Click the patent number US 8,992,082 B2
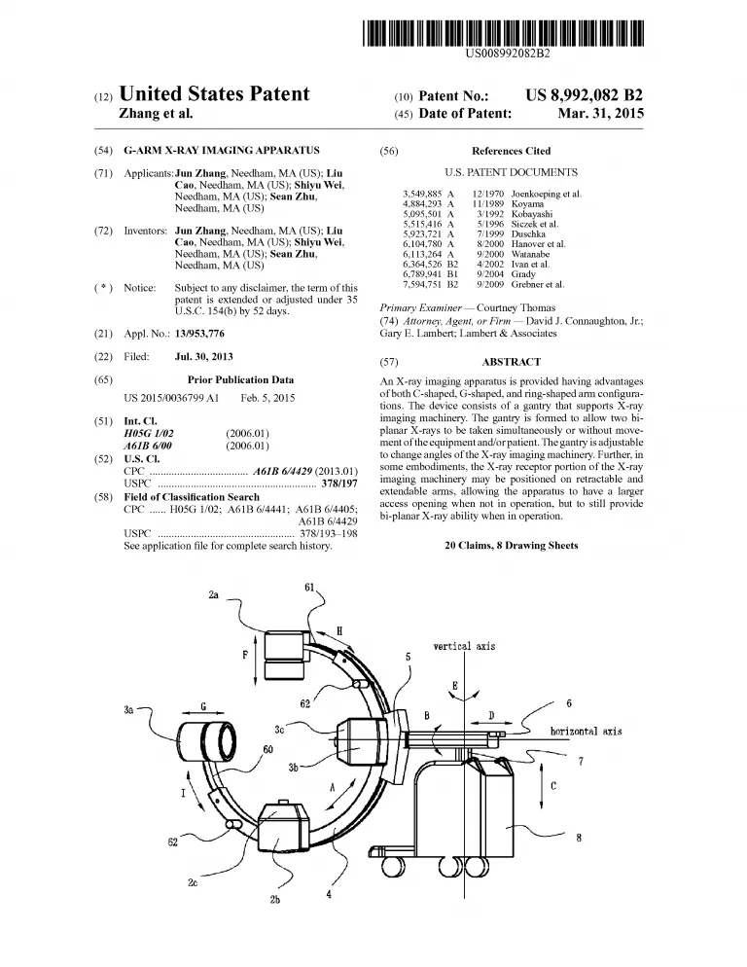tap(584, 95)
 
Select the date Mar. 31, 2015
tap(600, 114)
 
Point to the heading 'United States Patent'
tap(214, 94)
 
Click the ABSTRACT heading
tap(511, 362)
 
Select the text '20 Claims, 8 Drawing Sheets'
tap(511, 546)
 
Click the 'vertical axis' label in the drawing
tap(464, 646)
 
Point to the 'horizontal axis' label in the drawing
tap(586, 731)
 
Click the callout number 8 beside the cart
tap(578, 838)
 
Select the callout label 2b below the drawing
tap(274, 900)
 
